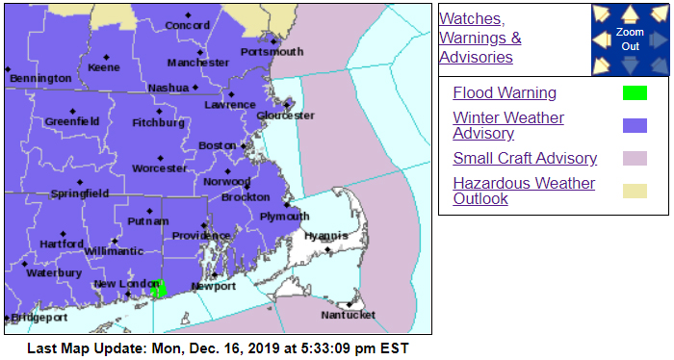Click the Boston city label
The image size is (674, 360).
click(x=217, y=145)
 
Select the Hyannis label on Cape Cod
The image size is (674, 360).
click(x=324, y=236)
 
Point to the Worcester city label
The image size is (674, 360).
click(x=160, y=168)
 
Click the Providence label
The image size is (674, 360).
click(x=201, y=236)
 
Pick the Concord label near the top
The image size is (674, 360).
click(x=188, y=26)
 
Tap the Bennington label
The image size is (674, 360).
click(x=39, y=78)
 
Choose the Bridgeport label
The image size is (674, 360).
click(x=39, y=317)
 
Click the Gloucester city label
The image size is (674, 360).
click(x=285, y=116)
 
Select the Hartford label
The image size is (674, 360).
click(x=62, y=244)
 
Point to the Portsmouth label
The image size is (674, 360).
click(x=272, y=52)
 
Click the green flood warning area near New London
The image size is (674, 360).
click(x=159, y=288)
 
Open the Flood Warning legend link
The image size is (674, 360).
click(x=505, y=93)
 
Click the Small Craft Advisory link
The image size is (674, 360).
click(x=525, y=159)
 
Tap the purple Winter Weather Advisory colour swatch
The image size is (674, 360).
click(x=634, y=125)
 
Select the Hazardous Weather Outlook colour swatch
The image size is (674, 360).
click(x=634, y=191)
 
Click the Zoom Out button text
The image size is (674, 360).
click(x=630, y=39)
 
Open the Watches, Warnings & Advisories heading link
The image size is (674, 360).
click(x=480, y=38)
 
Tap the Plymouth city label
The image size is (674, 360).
click(x=285, y=217)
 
